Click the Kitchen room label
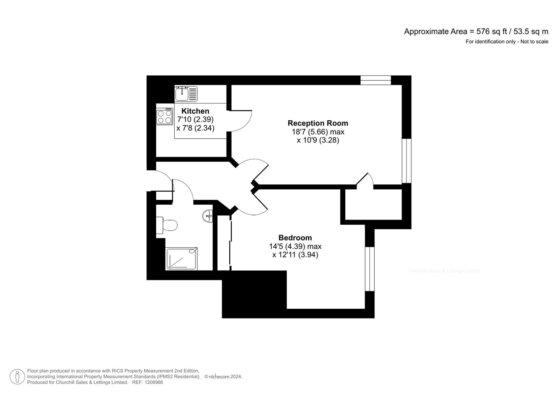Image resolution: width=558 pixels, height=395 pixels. (x=195, y=111)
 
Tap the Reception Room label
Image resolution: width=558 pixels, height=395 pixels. (x=318, y=123)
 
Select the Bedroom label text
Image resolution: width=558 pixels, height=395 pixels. (x=295, y=238)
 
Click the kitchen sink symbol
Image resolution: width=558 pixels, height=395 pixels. (x=186, y=94)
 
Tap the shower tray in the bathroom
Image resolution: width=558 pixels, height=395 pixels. (x=182, y=259)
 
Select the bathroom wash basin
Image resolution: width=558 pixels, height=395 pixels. (x=208, y=216)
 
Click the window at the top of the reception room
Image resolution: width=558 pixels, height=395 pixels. (x=375, y=80)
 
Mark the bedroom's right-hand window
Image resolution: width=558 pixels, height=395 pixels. (x=370, y=269)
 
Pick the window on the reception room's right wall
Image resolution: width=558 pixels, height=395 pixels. (x=406, y=161)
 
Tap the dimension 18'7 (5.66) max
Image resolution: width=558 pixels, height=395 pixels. (x=318, y=132)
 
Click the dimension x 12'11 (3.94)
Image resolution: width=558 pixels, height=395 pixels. (x=295, y=255)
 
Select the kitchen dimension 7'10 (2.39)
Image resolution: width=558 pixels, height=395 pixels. (x=195, y=120)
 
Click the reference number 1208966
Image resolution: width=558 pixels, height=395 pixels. (x=154, y=382)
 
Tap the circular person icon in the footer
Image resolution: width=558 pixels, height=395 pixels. (x=17, y=377)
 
